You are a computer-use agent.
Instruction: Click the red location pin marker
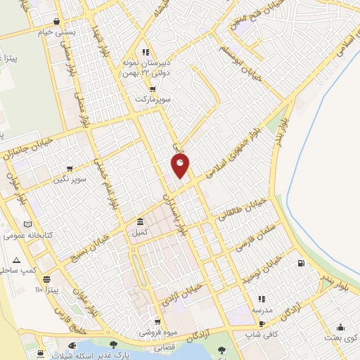click(x=181, y=165)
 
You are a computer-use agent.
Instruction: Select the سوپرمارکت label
click(x=154, y=99)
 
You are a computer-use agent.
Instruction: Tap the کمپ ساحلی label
click(x=19, y=269)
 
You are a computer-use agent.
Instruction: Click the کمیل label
click(x=140, y=231)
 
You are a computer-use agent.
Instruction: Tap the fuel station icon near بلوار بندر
click(x=302, y=264)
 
